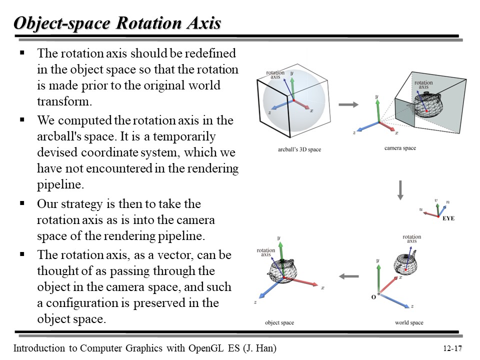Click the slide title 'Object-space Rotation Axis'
click(x=117, y=23)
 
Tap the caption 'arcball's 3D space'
click(x=299, y=149)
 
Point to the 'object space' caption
click(x=279, y=322)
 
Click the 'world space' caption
click(x=409, y=322)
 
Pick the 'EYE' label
click(x=448, y=218)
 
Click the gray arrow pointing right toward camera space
click(x=348, y=104)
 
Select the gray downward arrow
click(x=400, y=190)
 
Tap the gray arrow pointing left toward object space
click(x=348, y=276)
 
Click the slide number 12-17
click(x=452, y=348)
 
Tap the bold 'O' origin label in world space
click(x=373, y=297)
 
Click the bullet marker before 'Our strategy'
click(x=22, y=203)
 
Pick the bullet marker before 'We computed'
click(x=22, y=120)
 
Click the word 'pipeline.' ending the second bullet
click(x=58, y=185)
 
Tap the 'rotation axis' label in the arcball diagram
click(x=275, y=75)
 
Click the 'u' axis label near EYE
click(x=421, y=210)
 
